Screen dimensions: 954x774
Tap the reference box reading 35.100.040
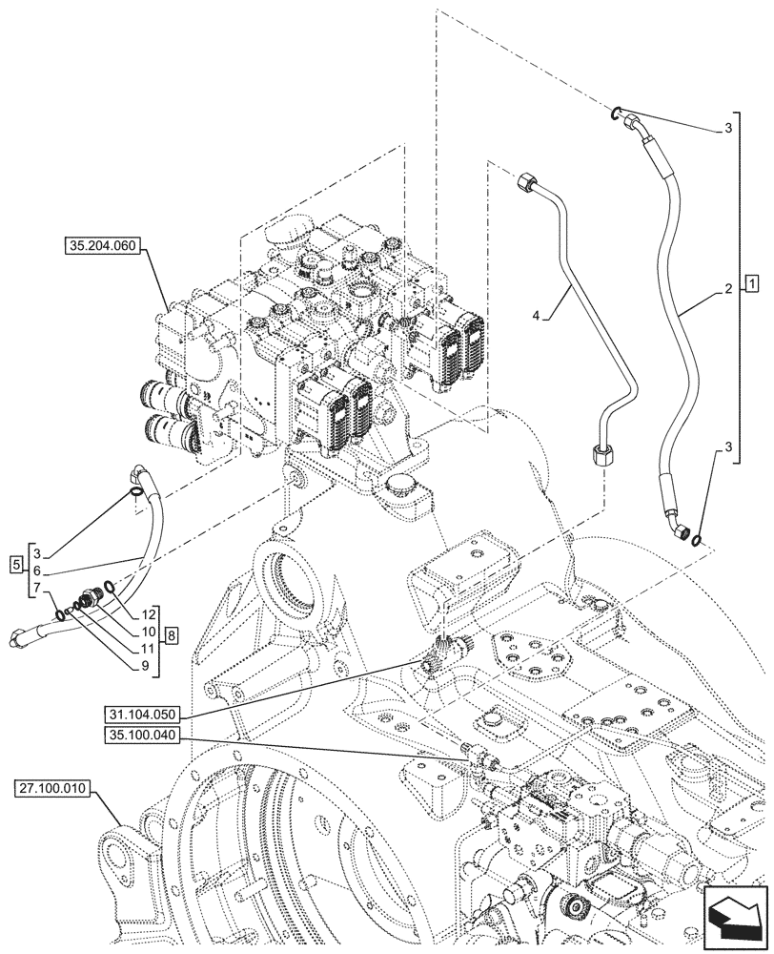coord(143,737)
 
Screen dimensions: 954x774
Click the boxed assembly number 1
coord(752,283)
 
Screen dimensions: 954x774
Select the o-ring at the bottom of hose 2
coord(701,542)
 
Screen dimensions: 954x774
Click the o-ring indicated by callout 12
coord(113,587)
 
